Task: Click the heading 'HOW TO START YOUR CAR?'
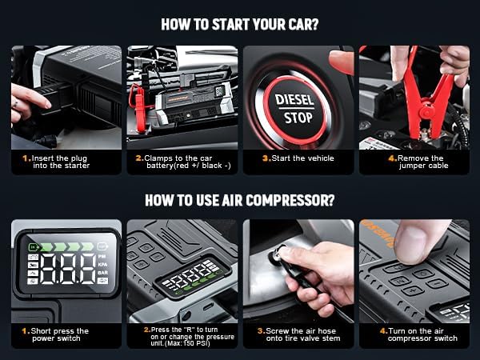(x=240, y=23)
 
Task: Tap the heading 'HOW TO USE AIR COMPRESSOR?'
(x=240, y=199)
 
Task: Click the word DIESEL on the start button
(x=294, y=101)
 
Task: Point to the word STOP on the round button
(x=298, y=118)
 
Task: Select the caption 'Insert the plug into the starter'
(x=60, y=162)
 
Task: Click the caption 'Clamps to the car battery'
(x=182, y=162)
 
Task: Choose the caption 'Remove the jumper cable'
(x=418, y=162)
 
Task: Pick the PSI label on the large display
(x=102, y=257)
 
